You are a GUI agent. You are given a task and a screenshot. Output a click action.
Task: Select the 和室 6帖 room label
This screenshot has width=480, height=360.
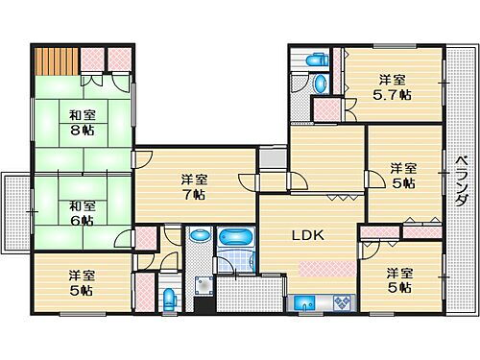coord(81,212)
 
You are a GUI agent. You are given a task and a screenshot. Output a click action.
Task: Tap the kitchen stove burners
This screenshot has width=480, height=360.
coord(341,304)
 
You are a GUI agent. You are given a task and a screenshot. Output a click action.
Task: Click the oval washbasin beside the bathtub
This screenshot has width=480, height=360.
coord(200,234)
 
